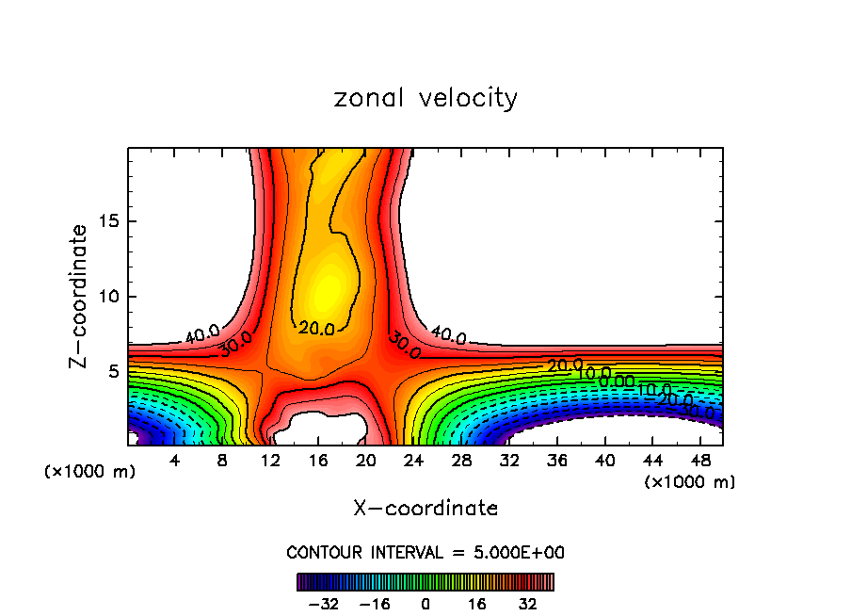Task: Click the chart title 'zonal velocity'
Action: [x=425, y=98]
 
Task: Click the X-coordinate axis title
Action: [x=425, y=509]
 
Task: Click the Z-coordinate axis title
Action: [x=80, y=296]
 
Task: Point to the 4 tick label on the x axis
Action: [x=174, y=462]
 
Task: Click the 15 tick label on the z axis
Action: [x=109, y=221]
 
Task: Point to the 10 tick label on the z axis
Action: [x=109, y=297]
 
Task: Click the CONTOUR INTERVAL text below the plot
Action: [x=425, y=552]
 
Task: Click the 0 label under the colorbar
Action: [x=425, y=603]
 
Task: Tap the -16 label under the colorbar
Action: [x=375, y=603]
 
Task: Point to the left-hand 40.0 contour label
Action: [x=202, y=333]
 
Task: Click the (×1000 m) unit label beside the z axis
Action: [x=89, y=472]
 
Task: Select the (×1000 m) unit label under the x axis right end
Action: [x=689, y=482]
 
